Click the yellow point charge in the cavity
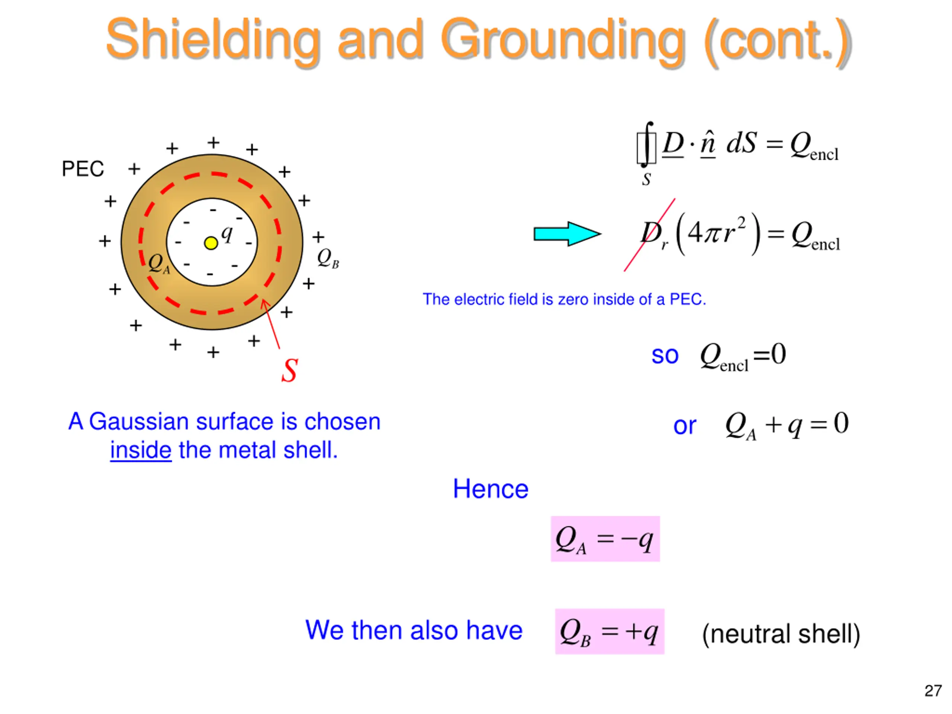[211, 243]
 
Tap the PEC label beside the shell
[83, 169]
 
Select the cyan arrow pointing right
[566, 234]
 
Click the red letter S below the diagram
[290, 370]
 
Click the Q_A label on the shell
[158, 263]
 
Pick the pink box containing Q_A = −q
[605, 539]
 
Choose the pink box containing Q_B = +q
[610, 631]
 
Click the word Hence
[490, 489]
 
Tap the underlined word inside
[141, 450]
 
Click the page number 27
[933, 691]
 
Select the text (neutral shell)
[781, 634]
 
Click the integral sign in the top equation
[646, 145]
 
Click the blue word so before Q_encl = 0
[665, 356]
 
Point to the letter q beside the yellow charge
[227, 234]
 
